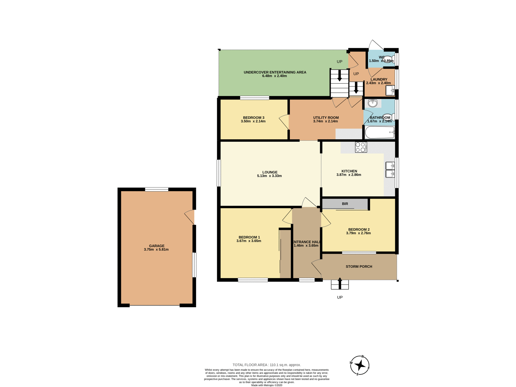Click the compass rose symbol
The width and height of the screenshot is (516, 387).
pos(360,365)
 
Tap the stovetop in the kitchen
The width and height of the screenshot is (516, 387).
pos(361,147)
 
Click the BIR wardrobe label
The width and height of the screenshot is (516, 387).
pos(345,204)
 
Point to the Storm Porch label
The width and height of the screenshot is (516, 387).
pos(359,267)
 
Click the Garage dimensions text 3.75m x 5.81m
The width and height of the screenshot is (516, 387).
pos(156,249)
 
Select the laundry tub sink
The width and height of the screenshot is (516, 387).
pos(390,91)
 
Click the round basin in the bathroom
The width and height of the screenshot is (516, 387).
pos(372,103)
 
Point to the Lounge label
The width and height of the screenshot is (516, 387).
pos(270,172)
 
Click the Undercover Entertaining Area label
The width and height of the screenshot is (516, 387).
pos(275,72)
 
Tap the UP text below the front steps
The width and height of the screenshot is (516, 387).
pos(340,297)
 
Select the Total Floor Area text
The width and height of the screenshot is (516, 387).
pos(267,365)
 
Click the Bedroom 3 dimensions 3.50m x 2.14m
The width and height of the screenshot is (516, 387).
pos(253,121)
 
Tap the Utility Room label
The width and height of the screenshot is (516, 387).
pos(326,118)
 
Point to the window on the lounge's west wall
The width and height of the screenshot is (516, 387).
pos(219,173)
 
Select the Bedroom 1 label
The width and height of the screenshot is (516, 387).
pos(249,237)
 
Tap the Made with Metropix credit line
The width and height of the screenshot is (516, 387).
pos(267,385)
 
